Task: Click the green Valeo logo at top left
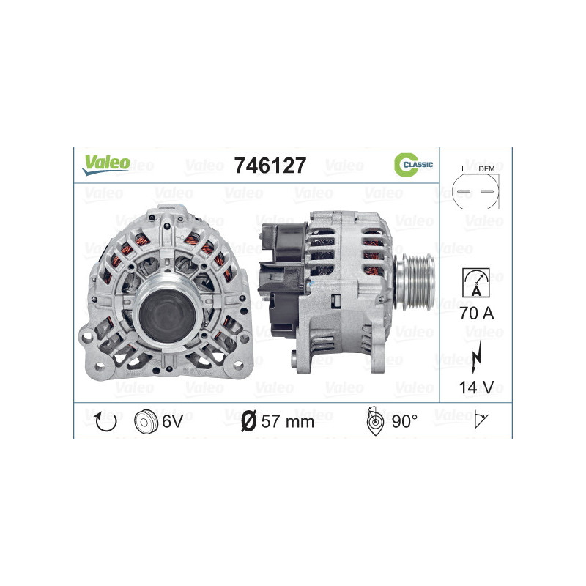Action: (105, 165)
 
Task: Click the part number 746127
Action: (269, 166)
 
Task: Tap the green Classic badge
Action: (413, 165)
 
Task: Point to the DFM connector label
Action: (486, 169)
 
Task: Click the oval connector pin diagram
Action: (474, 194)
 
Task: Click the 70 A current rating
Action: (476, 314)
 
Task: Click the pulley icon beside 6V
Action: (146, 421)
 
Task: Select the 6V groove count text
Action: (172, 421)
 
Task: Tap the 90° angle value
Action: (404, 421)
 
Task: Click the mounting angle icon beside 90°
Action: (374, 420)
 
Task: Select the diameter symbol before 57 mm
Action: (248, 421)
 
